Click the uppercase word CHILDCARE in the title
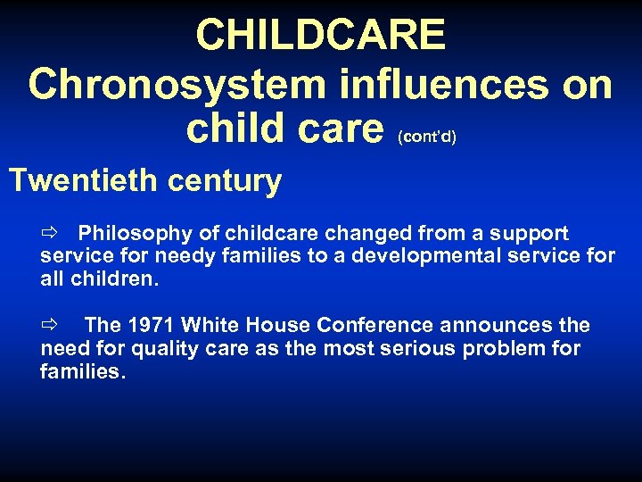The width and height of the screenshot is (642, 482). click(320, 36)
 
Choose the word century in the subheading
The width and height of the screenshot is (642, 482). click(228, 181)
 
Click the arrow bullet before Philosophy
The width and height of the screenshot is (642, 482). click(48, 234)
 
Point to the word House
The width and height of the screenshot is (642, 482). click(272, 326)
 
